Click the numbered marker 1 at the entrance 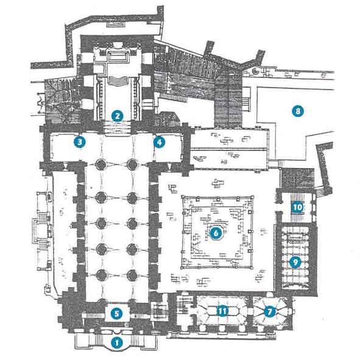click(x=117, y=343)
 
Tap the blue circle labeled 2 click(x=118, y=116)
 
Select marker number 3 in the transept click(x=80, y=142)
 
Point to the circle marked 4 click(x=160, y=143)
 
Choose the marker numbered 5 click(x=116, y=314)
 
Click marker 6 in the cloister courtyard click(x=216, y=233)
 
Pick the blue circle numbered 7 click(x=269, y=312)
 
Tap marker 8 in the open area click(x=298, y=111)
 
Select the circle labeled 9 click(x=295, y=262)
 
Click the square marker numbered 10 click(x=298, y=207)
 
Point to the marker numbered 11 click(x=222, y=311)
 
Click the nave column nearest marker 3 click(x=101, y=164)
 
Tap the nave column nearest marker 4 click(x=132, y=164)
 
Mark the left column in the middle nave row click(x=101, y=223)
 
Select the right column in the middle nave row click(x=132, y=223)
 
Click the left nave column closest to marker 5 click(x=102, y=301)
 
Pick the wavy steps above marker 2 click(x=118, y=80)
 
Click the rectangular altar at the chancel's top click(x=118, y=56)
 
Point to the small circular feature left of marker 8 click(x=255, y=71)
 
